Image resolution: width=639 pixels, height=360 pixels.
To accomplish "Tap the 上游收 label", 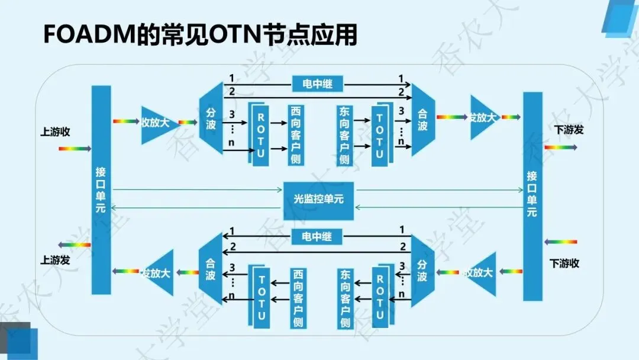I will coord(55,132).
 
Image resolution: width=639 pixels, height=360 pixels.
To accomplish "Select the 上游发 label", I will coord(55,259).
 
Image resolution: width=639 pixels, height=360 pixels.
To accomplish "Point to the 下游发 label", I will coord(569,130).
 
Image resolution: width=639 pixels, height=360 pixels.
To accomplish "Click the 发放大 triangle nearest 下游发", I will coord(483,118).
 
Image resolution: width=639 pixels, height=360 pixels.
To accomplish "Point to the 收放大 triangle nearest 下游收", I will coord(482,273).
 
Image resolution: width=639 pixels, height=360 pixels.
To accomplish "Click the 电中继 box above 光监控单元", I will coord(317,83).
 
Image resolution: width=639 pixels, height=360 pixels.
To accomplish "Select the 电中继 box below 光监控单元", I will coord(317,237).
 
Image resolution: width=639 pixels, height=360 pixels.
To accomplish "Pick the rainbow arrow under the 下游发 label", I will coord(560,147).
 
